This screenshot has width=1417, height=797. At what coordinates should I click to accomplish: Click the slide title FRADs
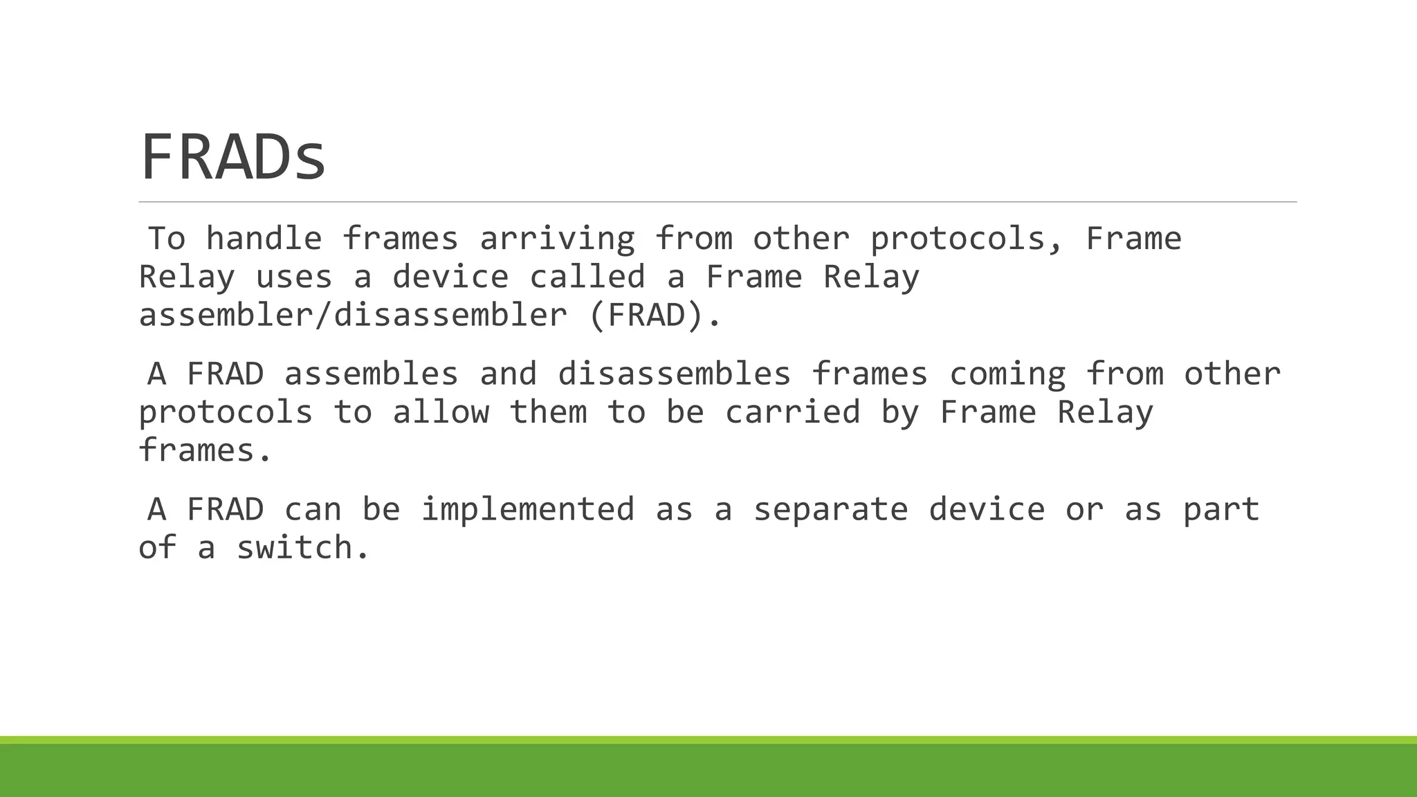(x=233, y=157)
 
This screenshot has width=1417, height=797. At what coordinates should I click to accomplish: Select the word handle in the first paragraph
(x=264, y=239)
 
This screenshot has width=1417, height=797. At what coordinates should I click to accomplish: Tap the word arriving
(x=557, y=239)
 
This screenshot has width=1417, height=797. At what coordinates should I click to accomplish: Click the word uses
(x=293, y=277)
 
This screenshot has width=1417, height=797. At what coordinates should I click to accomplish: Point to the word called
(x=587, y=277)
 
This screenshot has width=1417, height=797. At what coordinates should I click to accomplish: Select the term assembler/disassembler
(x=353, y=315)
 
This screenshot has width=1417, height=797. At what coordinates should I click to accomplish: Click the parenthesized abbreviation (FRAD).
(x=655, y=315)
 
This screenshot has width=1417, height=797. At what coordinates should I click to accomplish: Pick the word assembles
(x=372, y=374)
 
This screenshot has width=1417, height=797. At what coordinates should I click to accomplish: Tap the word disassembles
(x=674, y=374)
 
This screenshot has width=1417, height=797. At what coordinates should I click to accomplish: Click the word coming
(x=1007, y=374)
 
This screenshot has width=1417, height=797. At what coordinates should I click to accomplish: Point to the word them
(x=548, y=412)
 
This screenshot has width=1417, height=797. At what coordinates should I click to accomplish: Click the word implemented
(x=528, y=510)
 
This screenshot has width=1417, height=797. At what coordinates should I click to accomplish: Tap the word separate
(x=830, y=510)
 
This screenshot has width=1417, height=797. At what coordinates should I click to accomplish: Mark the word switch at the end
(x=304, y=548)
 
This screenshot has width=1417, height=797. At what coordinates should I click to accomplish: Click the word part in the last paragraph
(x=1221, y=510)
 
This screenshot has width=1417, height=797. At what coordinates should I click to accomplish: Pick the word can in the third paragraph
(x=313, y=510)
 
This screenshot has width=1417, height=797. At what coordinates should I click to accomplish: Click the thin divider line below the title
(x=717, y=202)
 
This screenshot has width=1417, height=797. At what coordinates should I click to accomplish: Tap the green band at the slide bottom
(x=708, y=769)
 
